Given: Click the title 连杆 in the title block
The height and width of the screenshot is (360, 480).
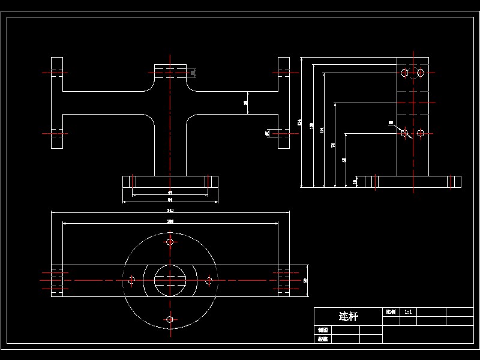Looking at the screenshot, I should [348, 316].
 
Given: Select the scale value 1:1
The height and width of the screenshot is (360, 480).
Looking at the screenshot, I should [409, 312].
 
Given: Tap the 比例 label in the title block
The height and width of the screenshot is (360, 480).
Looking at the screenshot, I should [390, 312].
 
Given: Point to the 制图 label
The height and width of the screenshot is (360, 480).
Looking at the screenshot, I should [322, 330].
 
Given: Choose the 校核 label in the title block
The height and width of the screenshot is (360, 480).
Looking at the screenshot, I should [322, 339].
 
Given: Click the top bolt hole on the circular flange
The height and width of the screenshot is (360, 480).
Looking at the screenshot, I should [170, 242].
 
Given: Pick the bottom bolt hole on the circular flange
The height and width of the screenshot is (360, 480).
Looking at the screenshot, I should [170, 319].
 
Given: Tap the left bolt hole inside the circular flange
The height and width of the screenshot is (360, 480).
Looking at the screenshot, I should [132, 280].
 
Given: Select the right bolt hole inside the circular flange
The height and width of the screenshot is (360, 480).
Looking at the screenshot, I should [209, 280].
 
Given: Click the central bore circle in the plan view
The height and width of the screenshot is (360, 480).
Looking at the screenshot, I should [170, 280].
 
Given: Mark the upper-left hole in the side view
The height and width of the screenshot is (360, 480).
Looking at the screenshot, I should [404, 73].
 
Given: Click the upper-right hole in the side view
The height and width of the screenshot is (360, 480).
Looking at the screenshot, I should [421, 73].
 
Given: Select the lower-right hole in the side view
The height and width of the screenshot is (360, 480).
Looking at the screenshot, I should [421, 133].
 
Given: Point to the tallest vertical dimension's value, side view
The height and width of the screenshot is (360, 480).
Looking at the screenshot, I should [299, 122].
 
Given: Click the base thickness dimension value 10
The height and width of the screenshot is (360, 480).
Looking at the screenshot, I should [355, 180].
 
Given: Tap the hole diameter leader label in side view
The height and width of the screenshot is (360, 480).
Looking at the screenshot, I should [391, 123].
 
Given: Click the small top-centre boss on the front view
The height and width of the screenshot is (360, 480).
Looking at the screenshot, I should [170, 71].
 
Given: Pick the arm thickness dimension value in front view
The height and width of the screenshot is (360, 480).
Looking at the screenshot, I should [246, 103].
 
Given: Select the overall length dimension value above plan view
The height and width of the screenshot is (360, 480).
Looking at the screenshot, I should [170, 211].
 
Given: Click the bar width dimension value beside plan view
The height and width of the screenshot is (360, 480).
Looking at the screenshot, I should [305, 280].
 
